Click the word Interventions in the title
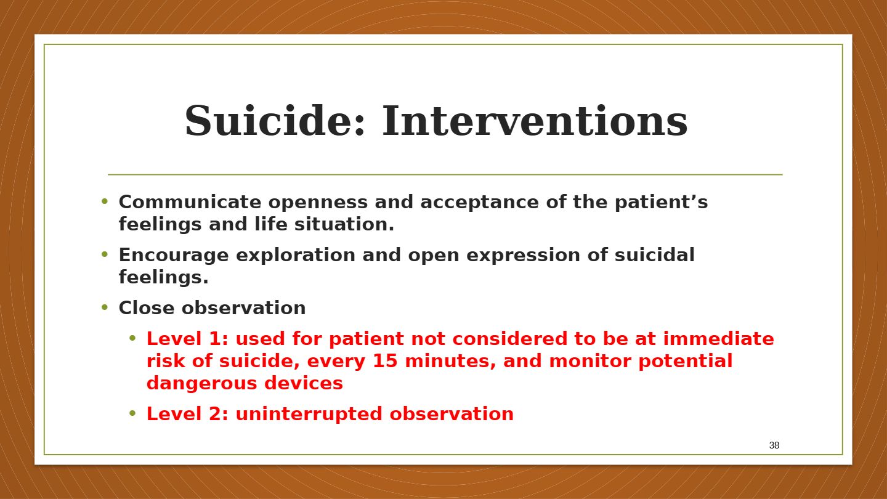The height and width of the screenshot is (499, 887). tap(535, 120)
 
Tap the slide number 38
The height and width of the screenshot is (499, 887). tap(774, 445)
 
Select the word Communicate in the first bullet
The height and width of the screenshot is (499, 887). tap(190, 202)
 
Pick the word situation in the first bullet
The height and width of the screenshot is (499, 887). tap(344, 224)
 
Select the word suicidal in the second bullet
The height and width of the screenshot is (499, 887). tap(655, 254)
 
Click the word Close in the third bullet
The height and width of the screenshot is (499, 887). tap(147, 308)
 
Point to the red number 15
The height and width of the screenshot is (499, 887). tap(386, 361)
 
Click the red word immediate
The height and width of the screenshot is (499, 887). tap(719, 339)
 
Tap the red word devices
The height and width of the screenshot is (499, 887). tap(304, 383)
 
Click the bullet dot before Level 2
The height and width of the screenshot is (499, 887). tap(132, 414)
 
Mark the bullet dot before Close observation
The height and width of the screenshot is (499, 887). tap(105, 307)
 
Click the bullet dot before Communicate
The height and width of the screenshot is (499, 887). tap(105, 201)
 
